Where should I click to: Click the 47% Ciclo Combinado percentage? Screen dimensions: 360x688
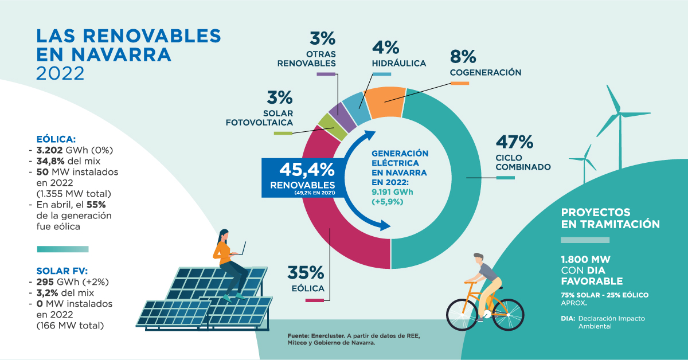[x=515, y=142]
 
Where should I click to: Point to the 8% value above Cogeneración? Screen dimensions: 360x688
[x=463, y=56]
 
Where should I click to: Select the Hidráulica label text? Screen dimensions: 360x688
[x=398, y=63]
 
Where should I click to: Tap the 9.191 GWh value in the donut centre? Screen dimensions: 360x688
[x=392, y=191]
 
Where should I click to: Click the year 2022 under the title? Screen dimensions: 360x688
[x=60, y=73]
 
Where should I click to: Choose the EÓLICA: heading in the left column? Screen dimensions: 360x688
[x=56, y=139]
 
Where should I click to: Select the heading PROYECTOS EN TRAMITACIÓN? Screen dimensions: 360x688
[x=610, y=218]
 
